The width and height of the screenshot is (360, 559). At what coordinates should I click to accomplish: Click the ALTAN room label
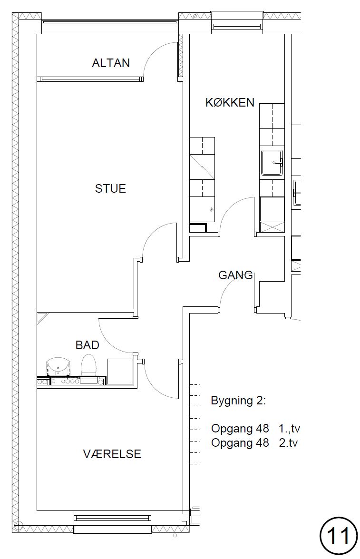tap(111, 63)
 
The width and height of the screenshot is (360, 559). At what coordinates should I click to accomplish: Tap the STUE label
tap(110, 188)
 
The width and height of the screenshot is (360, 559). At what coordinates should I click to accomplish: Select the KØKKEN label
tap(230, 103)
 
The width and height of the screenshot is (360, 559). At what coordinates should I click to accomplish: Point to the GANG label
tap(235, 275)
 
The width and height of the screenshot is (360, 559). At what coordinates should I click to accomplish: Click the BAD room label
tap(88, 345)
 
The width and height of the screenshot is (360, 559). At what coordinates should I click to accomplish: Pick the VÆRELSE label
tap(112, 454)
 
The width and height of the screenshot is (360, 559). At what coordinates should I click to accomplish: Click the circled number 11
tap(339, 536)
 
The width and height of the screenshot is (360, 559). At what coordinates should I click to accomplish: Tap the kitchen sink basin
tap(272, 163)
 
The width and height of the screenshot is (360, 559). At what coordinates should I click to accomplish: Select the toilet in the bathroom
tap(89, 365)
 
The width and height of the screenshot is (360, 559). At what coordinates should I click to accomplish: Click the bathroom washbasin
tap(58, 367)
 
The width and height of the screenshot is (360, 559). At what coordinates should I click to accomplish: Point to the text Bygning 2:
tap(238, 401)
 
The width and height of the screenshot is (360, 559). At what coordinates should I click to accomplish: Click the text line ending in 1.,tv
tap(255, 428)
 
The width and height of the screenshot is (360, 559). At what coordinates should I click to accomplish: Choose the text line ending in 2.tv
tap(254, 443)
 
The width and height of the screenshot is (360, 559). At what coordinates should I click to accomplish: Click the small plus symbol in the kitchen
tap(212, 209)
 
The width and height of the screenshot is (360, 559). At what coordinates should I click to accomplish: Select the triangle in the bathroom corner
tap(40, 316)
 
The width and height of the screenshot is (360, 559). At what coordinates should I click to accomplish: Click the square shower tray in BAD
tap(120, 372)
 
